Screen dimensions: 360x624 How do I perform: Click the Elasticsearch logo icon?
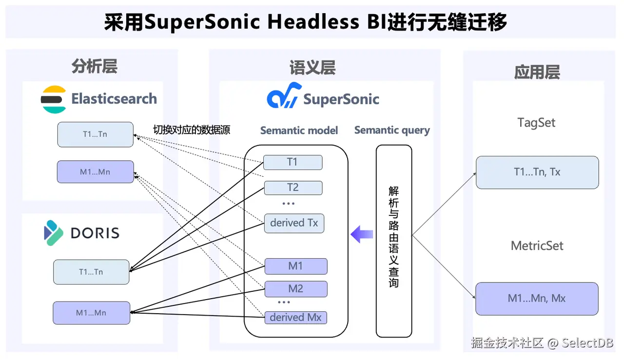[x=54, y=99]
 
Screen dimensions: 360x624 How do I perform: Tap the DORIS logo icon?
[x=54, y=232]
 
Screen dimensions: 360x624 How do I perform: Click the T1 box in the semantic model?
[x=292, y=162]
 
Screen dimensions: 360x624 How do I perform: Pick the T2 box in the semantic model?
[x=292, y=188]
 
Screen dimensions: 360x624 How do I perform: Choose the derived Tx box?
[x=294, y=223]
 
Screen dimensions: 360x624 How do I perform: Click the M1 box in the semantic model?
[x=295, y=266]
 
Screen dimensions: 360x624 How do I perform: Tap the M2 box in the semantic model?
[x=295, y=289]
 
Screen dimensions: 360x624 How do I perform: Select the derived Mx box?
[x=295, y=317]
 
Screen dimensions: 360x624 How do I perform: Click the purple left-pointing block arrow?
[x=362, y=234]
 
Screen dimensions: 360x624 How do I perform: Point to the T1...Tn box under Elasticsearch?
[x=95, y=134]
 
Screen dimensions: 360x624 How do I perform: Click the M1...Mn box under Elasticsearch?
[x=95, y=172]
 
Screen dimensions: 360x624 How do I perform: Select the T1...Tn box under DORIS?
[x=91, y=272]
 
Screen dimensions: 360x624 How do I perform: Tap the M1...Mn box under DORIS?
[x=91, y=313]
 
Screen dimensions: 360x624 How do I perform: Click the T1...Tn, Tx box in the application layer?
[x=537, y=172]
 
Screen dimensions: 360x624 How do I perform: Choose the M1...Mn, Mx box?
[x=537, y=299]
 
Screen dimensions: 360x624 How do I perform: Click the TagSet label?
[x=536, y=123]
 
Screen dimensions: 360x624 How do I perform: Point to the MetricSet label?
[x=537, y=246]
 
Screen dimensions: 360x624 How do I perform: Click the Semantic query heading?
[x=392, y=130]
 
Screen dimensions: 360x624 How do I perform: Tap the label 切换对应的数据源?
[x=192, y=130]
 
